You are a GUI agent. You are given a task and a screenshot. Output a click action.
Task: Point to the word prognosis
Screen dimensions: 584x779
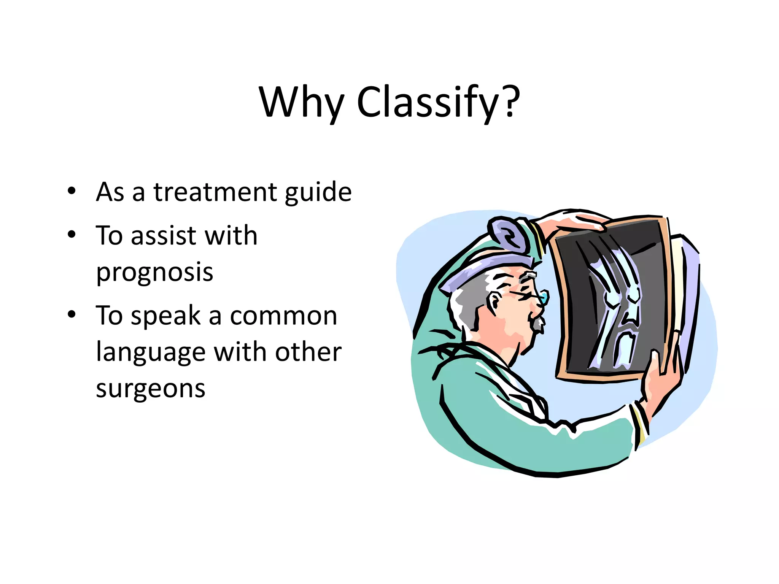pyautogui.click(x=154, y=273)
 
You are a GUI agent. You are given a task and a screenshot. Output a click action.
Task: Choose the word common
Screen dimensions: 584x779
pyautogui.click(x=283, y=316)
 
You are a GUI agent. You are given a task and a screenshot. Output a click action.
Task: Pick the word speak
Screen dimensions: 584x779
pyautogui.click(x=165, y=316)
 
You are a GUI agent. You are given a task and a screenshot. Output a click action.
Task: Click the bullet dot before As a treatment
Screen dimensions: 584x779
pyautogui.click(x=72, y=191)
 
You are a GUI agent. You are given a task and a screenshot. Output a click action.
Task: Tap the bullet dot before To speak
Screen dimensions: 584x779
pyautogui.click(x=72, y=314)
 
